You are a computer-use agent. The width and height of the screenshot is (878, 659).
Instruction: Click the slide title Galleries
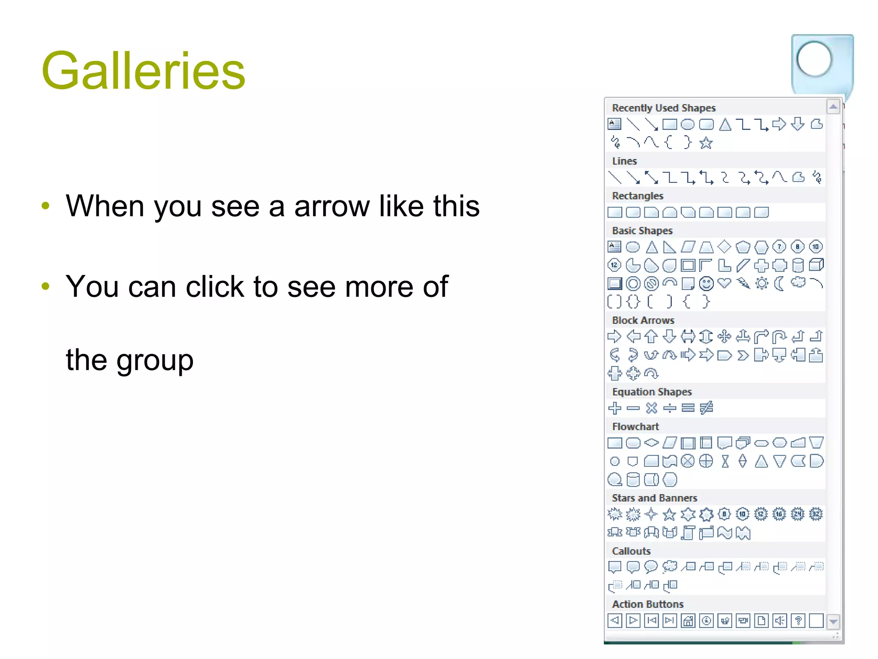point(143,71)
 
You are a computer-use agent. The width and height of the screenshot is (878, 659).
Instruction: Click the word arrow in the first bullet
point(331,206)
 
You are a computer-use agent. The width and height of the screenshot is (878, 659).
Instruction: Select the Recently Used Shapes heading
point(664,108)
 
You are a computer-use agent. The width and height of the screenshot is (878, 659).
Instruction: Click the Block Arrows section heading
point(643,320)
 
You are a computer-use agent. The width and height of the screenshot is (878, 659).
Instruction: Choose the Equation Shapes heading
point(652,392)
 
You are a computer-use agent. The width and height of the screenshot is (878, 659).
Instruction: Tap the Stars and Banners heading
point(654,498)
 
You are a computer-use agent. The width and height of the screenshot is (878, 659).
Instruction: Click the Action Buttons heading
point(647,605)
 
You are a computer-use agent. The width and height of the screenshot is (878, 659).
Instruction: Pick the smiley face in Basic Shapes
point(706,284)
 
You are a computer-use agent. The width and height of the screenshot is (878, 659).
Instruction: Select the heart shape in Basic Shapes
point(725,283)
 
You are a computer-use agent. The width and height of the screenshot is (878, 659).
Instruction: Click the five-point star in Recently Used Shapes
point(706,143)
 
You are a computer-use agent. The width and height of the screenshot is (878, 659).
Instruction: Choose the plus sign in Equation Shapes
point(615,408)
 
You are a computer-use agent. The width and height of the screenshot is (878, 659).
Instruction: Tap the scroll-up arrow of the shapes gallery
point(833,106)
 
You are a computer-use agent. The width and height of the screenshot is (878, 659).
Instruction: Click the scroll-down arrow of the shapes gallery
point(833,621)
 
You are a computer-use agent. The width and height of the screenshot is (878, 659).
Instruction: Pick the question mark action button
point(798,621)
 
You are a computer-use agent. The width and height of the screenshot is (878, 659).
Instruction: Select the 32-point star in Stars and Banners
point(816,514)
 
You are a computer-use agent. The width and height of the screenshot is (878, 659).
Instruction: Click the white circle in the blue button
point(814,59)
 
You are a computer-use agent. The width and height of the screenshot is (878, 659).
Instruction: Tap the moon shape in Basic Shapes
point(779,284)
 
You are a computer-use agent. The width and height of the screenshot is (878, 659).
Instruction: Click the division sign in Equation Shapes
point(670,408)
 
